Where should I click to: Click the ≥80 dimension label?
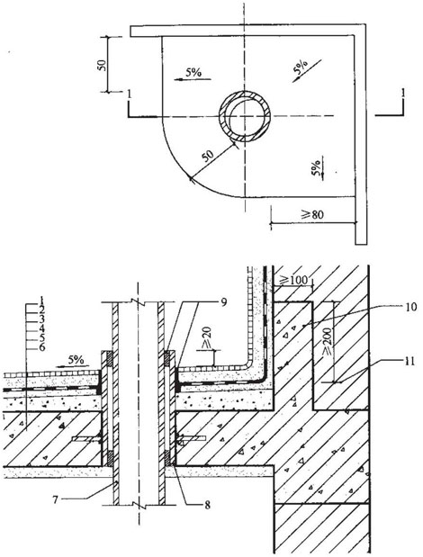coord(312,214)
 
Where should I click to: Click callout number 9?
coord(223,302)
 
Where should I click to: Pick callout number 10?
coord(410,307)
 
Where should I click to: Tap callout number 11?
coord(410,362)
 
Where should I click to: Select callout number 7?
coord(55,499)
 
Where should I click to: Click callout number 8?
coord(207,505)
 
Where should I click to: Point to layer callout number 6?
coord(42,347)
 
